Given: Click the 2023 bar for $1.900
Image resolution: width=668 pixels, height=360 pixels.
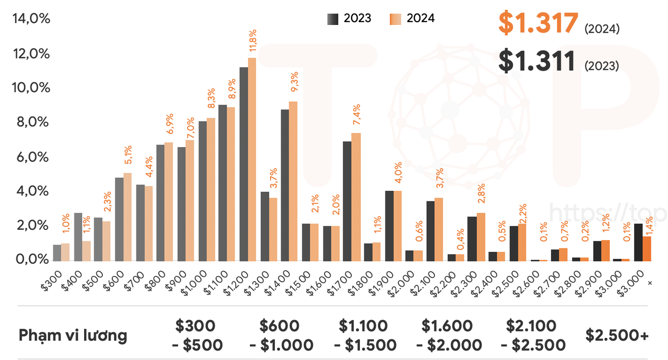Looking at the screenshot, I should (389, 226).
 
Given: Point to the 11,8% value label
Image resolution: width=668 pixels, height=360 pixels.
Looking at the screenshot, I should (253, 41).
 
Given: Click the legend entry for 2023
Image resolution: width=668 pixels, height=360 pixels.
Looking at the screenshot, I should (350, 18).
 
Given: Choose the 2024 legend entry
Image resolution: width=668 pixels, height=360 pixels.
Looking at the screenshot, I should (412, 18).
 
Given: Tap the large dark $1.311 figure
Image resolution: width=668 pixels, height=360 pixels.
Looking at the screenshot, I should (537, 61).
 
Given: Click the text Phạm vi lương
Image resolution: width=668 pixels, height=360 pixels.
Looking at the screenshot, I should (73, 335).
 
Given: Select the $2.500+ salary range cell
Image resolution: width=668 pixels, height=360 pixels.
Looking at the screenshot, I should (617, 335).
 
